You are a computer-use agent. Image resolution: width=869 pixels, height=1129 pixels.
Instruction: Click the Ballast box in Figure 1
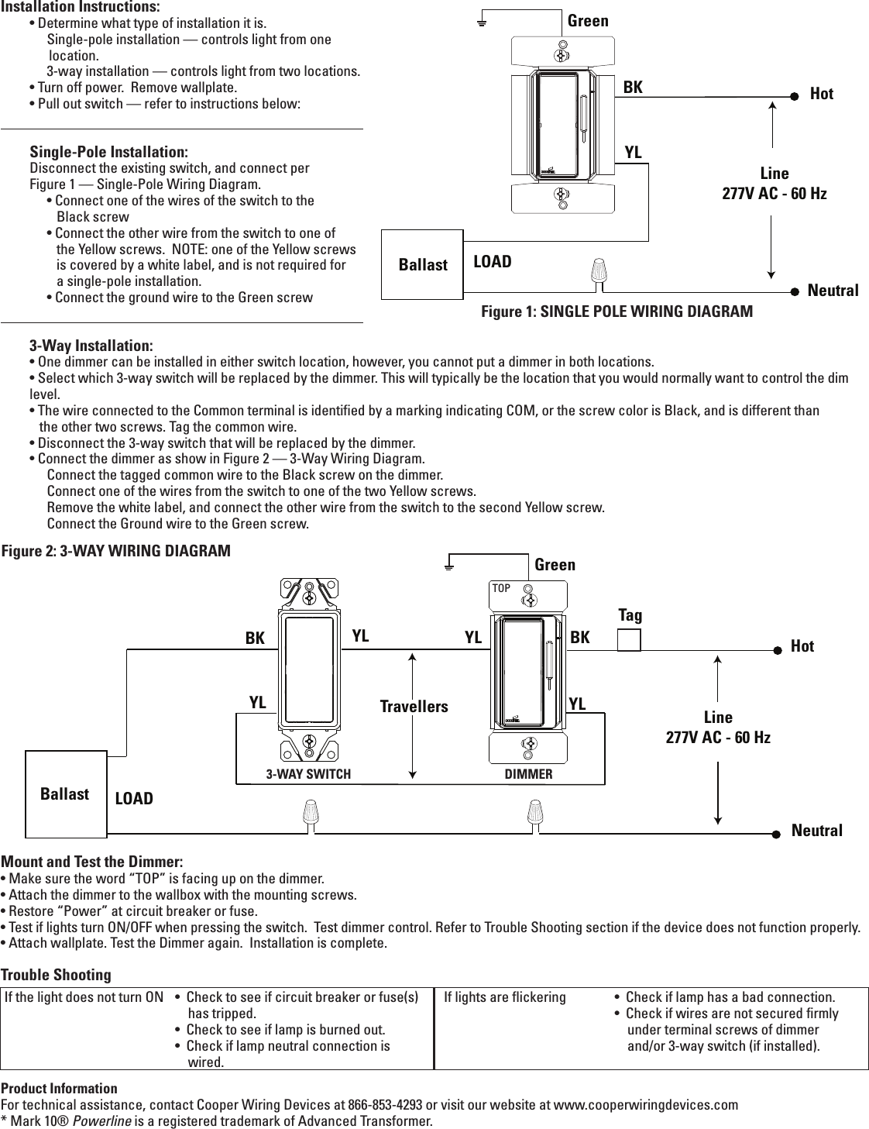click(422, 264)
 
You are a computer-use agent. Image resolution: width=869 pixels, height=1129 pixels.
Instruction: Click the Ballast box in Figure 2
click(65, 794)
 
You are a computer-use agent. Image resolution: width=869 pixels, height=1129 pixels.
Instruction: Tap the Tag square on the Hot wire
click(629, 640)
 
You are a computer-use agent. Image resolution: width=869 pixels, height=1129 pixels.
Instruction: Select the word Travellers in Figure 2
click(414, 706)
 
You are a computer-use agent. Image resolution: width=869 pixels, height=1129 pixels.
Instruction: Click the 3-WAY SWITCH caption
click(308, 774)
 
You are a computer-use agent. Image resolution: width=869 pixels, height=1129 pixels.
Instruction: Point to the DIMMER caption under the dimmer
click(528, 774)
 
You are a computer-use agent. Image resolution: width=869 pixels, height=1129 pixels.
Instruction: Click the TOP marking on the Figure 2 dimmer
click(501, 589)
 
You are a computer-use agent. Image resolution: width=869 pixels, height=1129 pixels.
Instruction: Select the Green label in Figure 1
click(588, 21)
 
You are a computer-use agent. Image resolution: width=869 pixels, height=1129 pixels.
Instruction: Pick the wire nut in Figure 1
click(598, 271)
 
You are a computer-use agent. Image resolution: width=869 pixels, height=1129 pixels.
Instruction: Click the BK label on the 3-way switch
click(255, 639)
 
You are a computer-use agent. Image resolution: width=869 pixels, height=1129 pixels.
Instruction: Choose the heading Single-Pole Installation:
click(108, 151)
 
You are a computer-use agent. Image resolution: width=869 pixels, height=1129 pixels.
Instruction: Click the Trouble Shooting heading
click(56, 974)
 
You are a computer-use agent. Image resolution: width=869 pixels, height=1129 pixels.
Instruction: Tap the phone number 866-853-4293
click(385, 1104)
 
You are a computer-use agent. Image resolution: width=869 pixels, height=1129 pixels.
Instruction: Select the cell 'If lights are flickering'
click(504, 996)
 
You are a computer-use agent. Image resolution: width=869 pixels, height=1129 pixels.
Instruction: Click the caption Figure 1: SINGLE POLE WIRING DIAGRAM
click(617, 312)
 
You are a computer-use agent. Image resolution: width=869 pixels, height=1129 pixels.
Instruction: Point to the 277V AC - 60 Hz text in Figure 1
click(774, 193)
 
